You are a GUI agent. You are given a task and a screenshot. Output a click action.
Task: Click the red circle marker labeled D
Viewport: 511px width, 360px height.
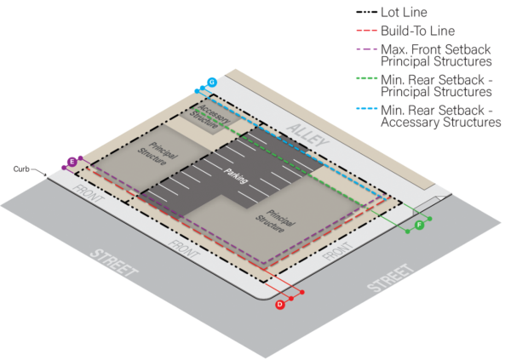pos(280,305)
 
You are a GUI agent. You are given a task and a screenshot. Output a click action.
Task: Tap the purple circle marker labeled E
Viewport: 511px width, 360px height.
pos(72,161)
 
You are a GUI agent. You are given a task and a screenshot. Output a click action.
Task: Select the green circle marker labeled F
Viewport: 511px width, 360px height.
pos(419,225)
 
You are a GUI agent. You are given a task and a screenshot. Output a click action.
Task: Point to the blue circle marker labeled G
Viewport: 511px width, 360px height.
pos(212,82)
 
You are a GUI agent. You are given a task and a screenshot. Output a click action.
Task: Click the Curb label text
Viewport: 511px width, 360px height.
pos(21,169)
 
